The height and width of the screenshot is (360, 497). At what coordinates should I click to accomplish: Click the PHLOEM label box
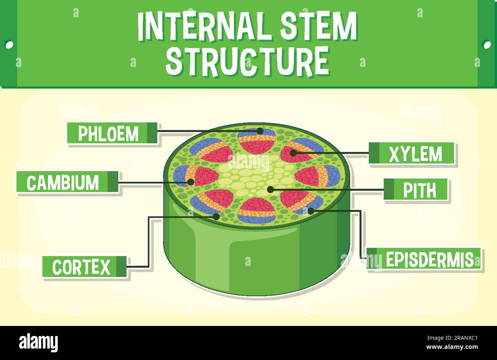[112, 133]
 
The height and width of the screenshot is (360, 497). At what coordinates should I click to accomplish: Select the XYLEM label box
[412, 153]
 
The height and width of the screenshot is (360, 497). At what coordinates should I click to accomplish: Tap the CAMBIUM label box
[67, 182]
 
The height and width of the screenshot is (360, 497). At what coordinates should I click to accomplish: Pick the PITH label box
[416, 189]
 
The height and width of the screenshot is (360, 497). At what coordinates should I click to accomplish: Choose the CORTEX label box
[84, 267]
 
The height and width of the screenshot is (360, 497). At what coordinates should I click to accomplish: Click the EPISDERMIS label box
[424, 259]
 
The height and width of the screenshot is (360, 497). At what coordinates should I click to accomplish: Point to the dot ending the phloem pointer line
[260, 131]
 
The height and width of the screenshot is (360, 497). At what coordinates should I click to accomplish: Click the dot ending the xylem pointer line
[293, 153]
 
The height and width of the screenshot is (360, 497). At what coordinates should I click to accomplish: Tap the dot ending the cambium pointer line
[190, 182]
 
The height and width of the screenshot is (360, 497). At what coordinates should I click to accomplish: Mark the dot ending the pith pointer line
[270, 189]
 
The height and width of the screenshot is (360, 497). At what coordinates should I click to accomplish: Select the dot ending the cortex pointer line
[216, 217]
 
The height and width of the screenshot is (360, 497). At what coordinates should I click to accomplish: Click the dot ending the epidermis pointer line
[310, 210]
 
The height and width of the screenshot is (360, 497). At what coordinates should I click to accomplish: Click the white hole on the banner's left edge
[8, 44]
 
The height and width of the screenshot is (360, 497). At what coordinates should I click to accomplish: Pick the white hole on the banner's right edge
[487, 44]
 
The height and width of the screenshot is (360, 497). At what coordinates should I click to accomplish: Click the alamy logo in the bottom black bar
[38, 342]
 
